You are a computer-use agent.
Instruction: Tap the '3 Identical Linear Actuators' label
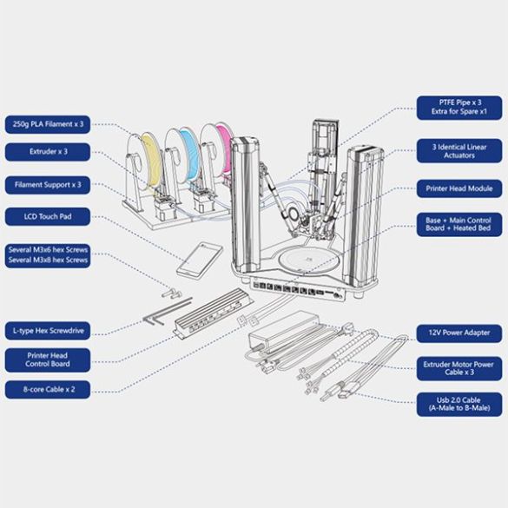[x=459, y=151]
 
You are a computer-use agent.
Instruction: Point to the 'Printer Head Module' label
[x=459, y=188]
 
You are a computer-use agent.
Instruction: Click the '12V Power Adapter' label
[x=459, y=331]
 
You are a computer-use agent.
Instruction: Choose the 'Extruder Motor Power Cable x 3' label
[x=459, y=366]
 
